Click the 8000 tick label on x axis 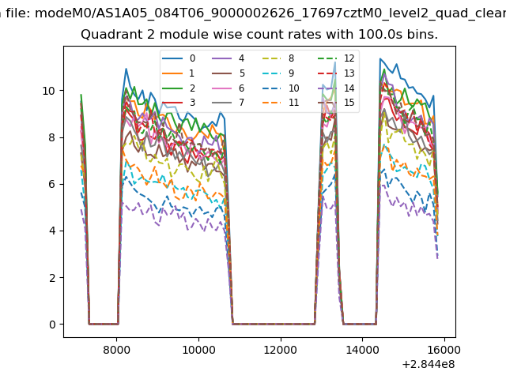(116, 347)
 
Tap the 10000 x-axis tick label (198, 347)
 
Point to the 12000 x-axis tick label (280, 347)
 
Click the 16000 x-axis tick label (444, 347)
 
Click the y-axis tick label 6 (52, 184)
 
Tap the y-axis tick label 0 (52, 325)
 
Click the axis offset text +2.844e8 (428, 363)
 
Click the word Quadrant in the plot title (108, 35)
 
